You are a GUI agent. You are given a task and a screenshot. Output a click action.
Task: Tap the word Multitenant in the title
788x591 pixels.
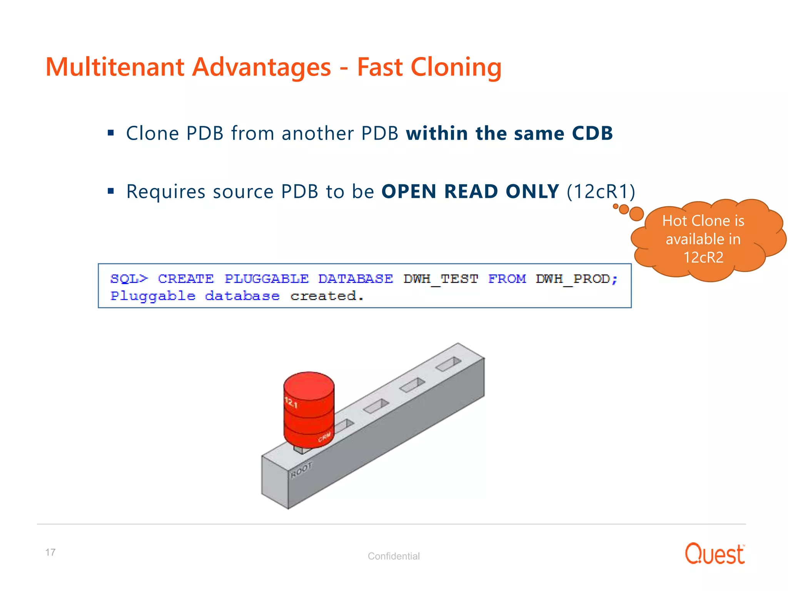(115, 67)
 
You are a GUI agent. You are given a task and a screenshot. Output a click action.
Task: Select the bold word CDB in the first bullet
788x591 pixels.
(592, 134)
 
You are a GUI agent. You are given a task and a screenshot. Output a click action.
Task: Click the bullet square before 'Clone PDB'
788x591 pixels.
(111, 133)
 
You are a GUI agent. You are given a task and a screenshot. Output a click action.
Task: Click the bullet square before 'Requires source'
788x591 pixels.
(111, 191)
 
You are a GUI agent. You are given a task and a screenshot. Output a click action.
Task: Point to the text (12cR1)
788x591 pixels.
(601, 192)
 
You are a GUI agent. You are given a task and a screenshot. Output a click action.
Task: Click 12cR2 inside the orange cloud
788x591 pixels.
(703, 257)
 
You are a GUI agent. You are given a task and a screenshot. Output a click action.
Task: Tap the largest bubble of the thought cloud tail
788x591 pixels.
(636, 214)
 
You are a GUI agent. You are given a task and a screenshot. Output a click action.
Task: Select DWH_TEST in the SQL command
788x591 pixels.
(441, 279)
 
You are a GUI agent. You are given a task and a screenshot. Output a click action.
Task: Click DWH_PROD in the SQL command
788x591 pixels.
(573, 279)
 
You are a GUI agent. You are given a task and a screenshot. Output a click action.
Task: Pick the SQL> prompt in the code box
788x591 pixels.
(129, 279)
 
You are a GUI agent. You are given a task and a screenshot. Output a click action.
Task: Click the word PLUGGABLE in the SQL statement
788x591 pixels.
(266, 279)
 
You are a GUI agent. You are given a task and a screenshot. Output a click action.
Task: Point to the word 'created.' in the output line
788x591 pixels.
(327, 296)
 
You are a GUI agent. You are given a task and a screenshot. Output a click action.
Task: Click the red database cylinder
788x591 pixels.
(309, 408)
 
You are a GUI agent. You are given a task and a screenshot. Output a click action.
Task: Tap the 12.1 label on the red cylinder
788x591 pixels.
(291, 402)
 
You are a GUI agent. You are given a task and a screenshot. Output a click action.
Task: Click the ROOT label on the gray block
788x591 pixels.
(301, 470)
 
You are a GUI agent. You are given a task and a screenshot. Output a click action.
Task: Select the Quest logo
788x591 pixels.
(715, 554)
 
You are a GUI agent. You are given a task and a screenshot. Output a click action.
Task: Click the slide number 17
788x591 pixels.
(50, 552)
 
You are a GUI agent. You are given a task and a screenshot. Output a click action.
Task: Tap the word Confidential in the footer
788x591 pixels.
(394, 556)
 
